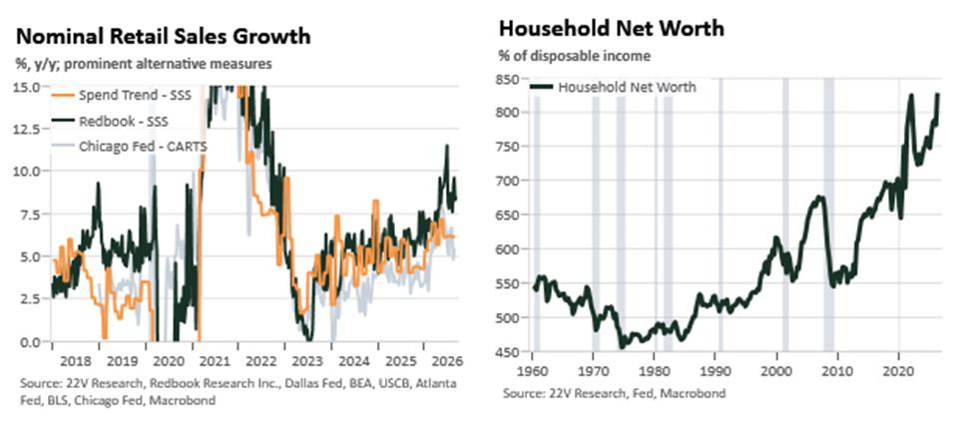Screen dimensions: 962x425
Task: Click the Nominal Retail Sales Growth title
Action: [164, 36]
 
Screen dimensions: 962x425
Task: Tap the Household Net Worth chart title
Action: [611, 29]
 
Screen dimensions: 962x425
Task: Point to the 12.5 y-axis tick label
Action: [27, 130]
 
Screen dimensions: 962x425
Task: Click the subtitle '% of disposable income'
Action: [574, 57]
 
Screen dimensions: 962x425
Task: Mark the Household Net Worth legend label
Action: [627, 87]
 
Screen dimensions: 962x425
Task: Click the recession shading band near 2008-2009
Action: [828, 214]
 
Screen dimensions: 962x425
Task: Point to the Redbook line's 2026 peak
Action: [447, 146]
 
